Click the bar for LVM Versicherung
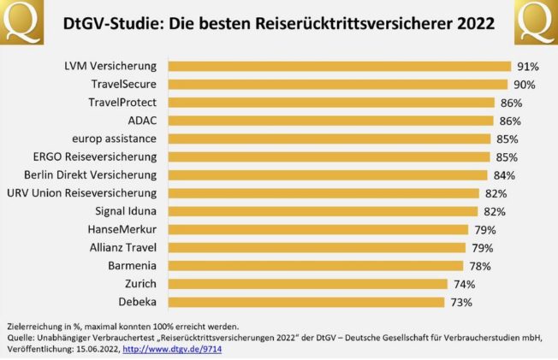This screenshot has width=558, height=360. coord(340,66)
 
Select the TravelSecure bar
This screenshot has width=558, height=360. coord(338,85)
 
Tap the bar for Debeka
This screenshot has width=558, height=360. coord(306,302)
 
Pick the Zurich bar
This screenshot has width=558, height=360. coord(308,284)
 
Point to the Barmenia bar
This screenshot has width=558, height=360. coord(316,266)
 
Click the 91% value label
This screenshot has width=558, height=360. coord(528,67)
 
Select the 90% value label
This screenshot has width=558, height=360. coord(525,85)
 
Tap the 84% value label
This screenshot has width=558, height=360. coord(504,175)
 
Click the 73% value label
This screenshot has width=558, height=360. coord(461,303)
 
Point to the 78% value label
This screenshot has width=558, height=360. coord(480,266)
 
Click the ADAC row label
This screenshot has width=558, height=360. coord(142,121)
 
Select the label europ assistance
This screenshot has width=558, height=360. coord(114,139)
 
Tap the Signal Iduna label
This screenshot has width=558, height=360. coord(126,211)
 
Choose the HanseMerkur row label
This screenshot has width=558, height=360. coord(122,229)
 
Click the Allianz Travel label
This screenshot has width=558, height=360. coord(123,248)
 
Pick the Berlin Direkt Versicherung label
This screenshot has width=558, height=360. coord(91,175)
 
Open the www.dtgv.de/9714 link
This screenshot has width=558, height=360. coord(172,349)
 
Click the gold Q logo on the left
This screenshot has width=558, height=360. coord(21,22)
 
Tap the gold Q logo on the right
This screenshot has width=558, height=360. coord(537,22)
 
